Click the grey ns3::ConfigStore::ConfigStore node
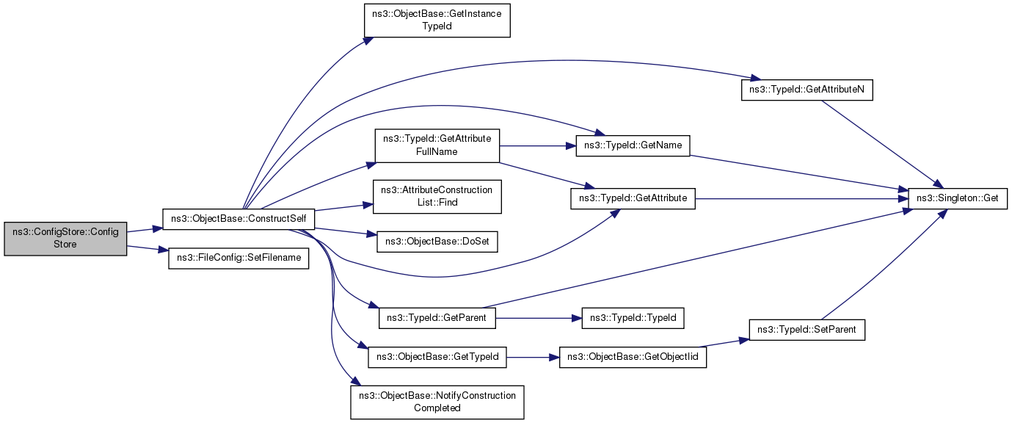(65, 239)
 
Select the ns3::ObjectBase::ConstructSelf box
(239, 219)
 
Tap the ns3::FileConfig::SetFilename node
(239, 258)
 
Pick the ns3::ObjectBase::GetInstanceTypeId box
(437, 21)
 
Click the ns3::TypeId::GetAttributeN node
(807, 90)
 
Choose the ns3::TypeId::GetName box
(633, 146)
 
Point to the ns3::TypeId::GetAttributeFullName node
(437, 145)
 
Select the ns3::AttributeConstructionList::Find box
(437, 197)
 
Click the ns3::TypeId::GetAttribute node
(633, 199)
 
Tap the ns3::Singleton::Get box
(958, 199)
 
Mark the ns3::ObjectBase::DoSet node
(437, 242)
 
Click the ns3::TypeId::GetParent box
(437, 318)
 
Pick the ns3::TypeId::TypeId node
(633, 318)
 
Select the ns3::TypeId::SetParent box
(807, 330)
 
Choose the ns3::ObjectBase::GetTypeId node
(437, 357)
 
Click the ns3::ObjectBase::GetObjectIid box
(633, 357)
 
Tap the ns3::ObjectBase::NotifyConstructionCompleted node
(437, 402)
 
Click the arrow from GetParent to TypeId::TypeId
(539, 318)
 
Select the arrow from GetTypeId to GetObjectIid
(533, 357)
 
